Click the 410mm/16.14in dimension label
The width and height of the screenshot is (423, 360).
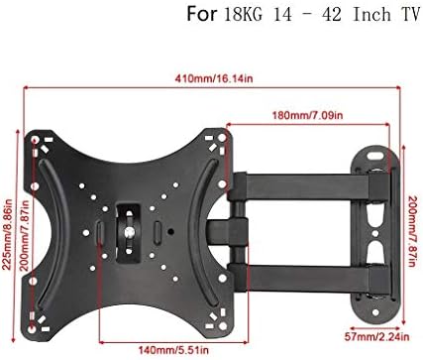pyautogui.click(x=214, y=78)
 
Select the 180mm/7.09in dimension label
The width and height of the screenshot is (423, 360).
pyautogui.click(x=307, y=115)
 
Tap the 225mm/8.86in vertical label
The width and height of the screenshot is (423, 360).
pyautogui.click(x=7, y=234)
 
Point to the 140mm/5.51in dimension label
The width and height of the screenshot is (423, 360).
pyautogui.click(x=173, y=349)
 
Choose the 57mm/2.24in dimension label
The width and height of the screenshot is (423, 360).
pyautogui.click(x=376, y=337)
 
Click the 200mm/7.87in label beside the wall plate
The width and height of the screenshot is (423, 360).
pyautogui.click(x=413, y=231)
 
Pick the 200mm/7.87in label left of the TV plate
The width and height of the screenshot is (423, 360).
pyautogui.click(x=25, y=235)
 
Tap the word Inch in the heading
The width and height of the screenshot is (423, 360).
pyautogui.click(x=371, y=15)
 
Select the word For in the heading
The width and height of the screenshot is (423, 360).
pyautogui.click(x=202, y=15)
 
